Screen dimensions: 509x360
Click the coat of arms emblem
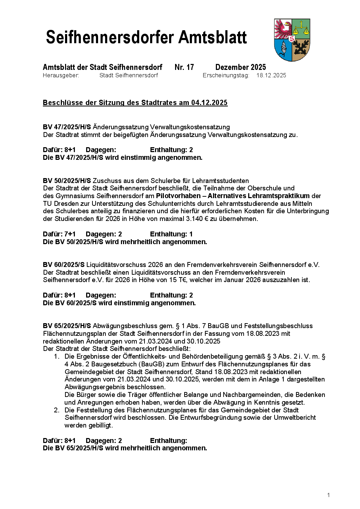tap(292, 40)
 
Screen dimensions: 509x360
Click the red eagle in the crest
tap(283, 29)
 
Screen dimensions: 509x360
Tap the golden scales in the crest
tap(301, 29)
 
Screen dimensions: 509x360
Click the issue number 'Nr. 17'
tap(184, 67)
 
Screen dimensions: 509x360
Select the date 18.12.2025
tap(271, 76)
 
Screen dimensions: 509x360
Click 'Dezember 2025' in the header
tap(240, 67)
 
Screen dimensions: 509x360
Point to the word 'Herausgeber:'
tap(61, 76)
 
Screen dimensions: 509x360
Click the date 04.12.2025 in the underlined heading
tap(209, 103)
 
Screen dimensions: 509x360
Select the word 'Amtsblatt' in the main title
tap(213, 37)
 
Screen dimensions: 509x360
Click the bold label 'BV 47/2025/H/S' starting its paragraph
tap(67, 127)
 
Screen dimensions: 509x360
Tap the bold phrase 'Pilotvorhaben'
tap(178, 196)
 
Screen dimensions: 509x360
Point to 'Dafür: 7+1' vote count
tap(59, 234)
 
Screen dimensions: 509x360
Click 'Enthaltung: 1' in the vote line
tap(171, 234)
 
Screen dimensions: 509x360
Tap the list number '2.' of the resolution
tap(57, 410)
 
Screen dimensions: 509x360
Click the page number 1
tap(328, 495)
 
